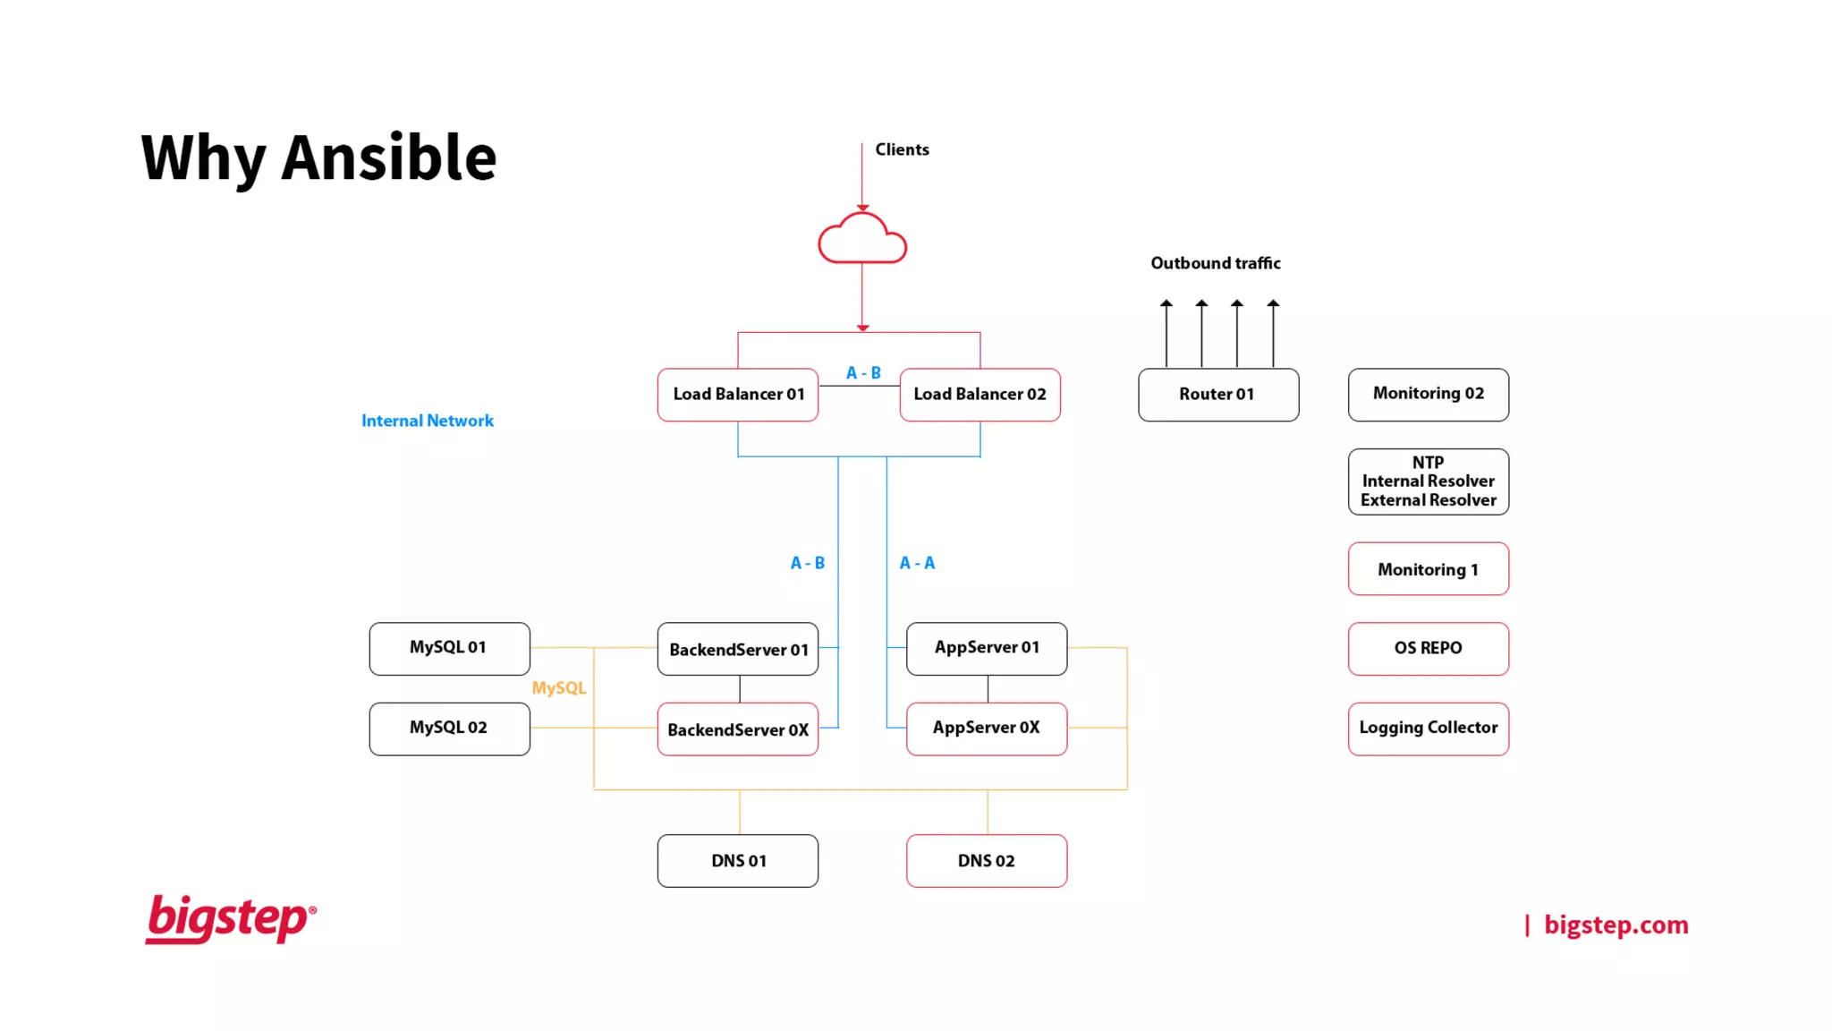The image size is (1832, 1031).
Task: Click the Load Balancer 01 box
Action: pyautogui.click(x=738, y=395)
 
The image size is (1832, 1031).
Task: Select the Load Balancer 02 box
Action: pyautogui.click(x=980, y=395)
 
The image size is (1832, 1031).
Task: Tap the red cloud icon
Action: pyautogui.click(x=862, y=240)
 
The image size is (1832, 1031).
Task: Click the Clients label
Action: pyautogui.click(x=902, y=149)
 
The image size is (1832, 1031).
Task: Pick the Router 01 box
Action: pyautogui.click(x=1217, y=395)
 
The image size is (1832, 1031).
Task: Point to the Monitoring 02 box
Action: pyautogui.click(x=1428, y=394)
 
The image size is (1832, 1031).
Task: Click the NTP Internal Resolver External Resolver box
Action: pyautogui.click(x=1428, y=481)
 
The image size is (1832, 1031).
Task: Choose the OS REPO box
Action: pyautogui.click(x=1428, y=648)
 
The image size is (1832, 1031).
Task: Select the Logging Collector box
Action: pyautogui.click(x=1428, y=728)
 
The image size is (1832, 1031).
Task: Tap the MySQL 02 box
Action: pyautogui.click(x=449, y=729)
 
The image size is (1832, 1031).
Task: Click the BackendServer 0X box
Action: pyautogui.click(x=737, y=729)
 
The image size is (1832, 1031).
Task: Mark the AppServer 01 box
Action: pyautogui.click(x=986, y=648)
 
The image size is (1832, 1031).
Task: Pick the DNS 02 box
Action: pyautogui.click(x=986, y=861)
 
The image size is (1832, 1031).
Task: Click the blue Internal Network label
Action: pyautogui.click(x=427, y=421)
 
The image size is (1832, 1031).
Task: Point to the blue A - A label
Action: pyautogui.click(x=917, y=563)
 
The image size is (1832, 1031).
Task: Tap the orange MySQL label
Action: pyautogui.click(x=559, y=688)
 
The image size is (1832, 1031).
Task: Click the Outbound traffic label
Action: pyautogui.click(x=1215, y=263)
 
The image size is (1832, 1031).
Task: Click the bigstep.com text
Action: pyautogui.click(x=1616, y=924)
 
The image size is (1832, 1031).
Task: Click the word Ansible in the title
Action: pyautogui.click(x=388, y=158)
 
